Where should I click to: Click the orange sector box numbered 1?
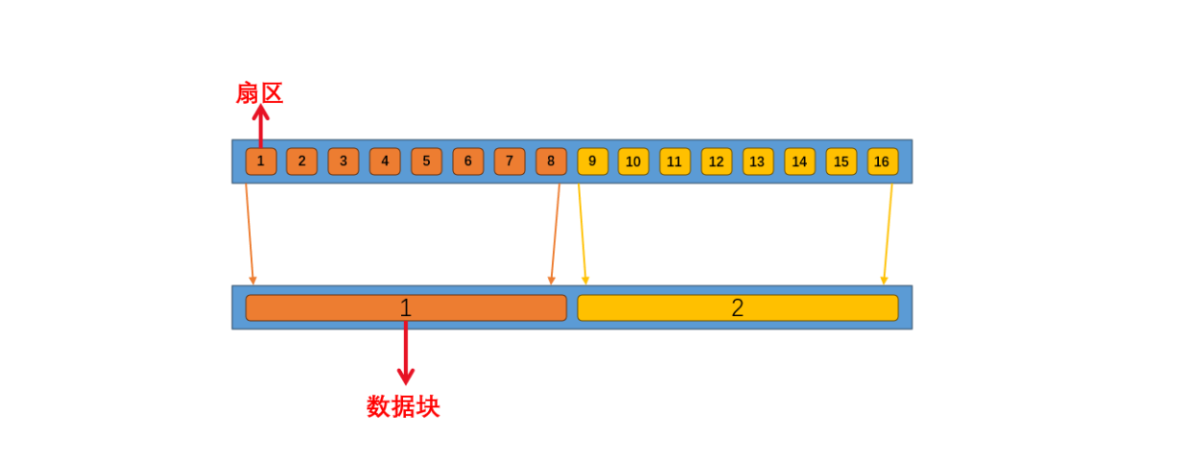261,161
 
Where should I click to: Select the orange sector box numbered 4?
385,161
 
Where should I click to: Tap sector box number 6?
468,161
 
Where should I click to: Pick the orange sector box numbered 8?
551,161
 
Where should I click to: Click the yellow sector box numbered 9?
592,161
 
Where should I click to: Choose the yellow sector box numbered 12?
716,161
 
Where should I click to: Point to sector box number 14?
799,161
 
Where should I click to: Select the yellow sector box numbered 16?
882,161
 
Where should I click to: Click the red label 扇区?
260,93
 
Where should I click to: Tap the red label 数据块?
403,406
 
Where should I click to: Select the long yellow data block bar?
817,308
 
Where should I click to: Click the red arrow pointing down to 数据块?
406,356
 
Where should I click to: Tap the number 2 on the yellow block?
738,308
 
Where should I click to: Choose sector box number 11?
675,161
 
